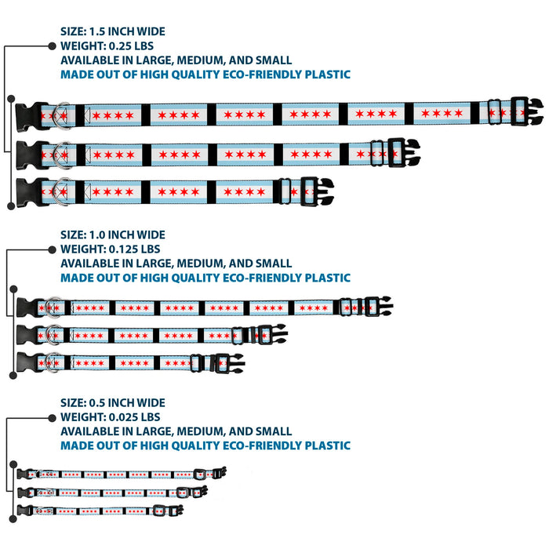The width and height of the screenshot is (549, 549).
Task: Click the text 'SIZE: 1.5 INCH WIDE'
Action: pos(113,31)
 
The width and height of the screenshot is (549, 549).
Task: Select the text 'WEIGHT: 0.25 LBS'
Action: pos(107,45)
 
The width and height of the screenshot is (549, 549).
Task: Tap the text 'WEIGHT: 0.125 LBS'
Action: pos(111,249)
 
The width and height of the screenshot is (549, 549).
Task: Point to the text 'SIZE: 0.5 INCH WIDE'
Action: pos(113,402)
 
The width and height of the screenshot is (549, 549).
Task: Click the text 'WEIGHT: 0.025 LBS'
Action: pos(111,417)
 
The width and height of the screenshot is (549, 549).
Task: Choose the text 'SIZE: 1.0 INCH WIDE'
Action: pos(113,235)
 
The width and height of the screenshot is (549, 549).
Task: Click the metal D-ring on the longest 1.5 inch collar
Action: pos(62,115)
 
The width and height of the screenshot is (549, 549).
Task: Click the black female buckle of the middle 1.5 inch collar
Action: pos(29,155)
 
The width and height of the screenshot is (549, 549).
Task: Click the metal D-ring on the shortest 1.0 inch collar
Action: pos(53,362)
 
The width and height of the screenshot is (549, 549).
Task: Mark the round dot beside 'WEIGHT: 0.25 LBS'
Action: pos(53,45)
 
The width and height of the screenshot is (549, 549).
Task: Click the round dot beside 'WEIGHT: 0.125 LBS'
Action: pos(53,249)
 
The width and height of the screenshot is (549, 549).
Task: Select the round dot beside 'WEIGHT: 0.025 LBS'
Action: pos(53,418)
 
